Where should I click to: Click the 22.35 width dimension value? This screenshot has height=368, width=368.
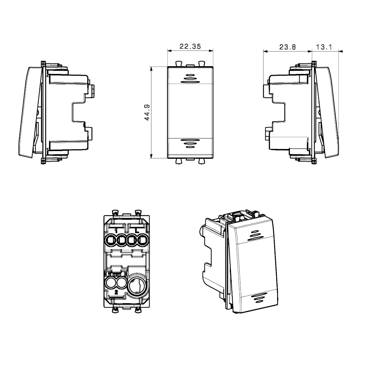point(190,47)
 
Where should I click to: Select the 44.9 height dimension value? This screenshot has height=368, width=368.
point(147,113)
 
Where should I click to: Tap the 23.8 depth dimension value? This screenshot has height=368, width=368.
point(287,47)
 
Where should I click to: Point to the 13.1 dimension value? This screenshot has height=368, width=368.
point(324,47)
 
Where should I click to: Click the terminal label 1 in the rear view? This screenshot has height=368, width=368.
point(116,231)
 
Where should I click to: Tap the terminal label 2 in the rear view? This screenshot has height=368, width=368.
point(116,292)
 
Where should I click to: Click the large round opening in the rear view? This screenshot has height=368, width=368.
point(138,285)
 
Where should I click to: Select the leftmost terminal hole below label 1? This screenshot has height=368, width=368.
point(110,240)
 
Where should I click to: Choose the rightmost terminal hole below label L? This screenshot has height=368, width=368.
point(142,240)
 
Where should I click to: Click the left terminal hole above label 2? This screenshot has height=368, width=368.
point(110,283)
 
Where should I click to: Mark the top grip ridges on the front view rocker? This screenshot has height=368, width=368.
point(190,79)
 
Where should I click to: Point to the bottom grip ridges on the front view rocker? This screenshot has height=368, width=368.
point(190,143)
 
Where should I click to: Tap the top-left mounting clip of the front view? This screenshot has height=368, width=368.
point(178,63)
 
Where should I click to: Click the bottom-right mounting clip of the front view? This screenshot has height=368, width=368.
point(202,161)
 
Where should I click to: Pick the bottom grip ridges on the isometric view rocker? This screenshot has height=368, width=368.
point(258,298)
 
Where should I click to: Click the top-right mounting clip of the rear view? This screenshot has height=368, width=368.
point(138,213)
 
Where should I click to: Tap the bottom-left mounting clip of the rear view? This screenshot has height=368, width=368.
point(115,310)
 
